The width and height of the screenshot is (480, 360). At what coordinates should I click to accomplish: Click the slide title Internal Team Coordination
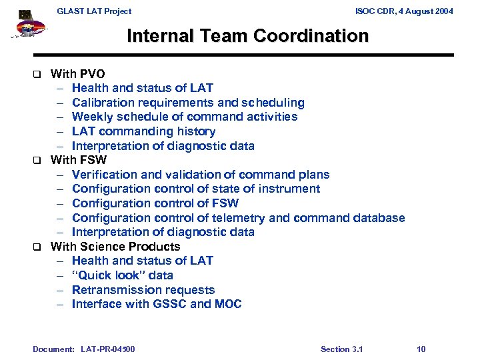[247, 36]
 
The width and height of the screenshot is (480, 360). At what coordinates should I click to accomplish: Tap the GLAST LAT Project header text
[94, 11]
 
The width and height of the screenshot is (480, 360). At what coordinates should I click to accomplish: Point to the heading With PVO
[77, 74]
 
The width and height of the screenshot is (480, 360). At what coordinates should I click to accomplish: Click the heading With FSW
[78, 160]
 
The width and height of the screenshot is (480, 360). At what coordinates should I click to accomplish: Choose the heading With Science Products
[115, 247]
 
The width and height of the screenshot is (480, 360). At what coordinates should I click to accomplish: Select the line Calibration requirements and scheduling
[188, 103]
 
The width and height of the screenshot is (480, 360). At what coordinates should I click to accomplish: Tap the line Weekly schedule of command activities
[185, 117]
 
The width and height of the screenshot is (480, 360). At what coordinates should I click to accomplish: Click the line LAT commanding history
[143, 131]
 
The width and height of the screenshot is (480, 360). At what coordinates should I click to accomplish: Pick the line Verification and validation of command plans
[200, 175]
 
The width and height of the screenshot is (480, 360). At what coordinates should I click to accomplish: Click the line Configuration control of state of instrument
[195, 189]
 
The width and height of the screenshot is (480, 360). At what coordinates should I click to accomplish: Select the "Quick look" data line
[122, 275]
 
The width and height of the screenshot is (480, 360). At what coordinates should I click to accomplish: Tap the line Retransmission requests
[143, 290]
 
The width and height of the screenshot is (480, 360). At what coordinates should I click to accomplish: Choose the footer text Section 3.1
[341, 349]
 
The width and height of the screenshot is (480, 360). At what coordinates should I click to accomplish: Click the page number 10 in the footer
[421, 349]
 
